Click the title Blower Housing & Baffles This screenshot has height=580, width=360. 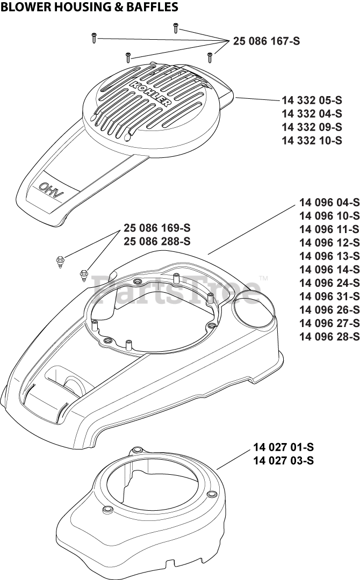90,7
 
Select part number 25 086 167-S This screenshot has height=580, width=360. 267,41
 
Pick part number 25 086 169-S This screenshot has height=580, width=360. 157,227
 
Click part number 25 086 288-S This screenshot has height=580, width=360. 157,241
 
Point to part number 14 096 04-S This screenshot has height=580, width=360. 329,202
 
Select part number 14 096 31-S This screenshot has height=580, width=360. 329,296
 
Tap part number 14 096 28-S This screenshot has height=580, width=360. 329,337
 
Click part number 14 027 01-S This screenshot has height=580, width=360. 284,447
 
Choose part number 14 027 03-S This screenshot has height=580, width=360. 284,460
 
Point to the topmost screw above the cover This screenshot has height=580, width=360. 175,27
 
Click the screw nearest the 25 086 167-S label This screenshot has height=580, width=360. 210,55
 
